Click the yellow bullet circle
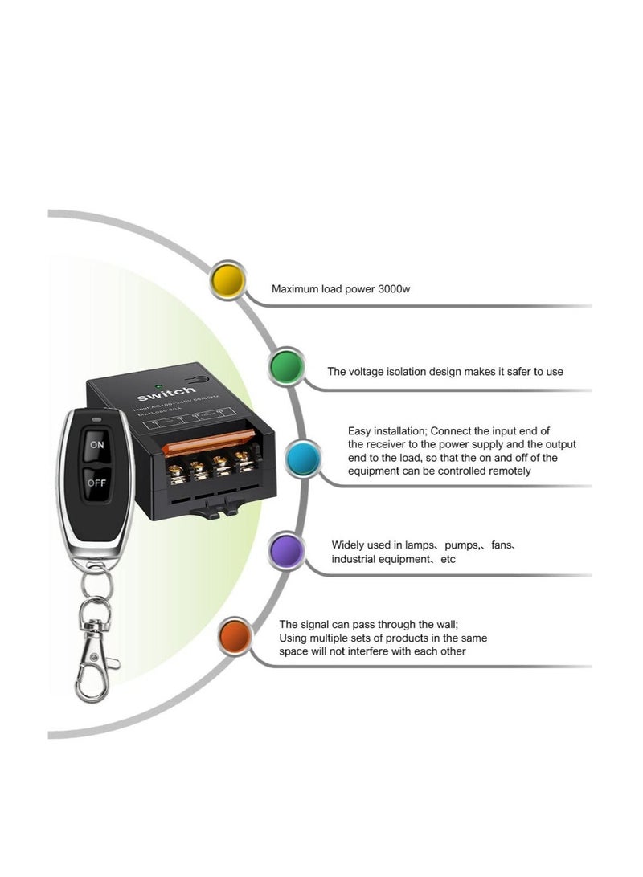coord(227,280)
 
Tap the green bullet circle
coord(288,367)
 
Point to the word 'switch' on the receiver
coord(166,395)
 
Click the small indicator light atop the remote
coord(96,418)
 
